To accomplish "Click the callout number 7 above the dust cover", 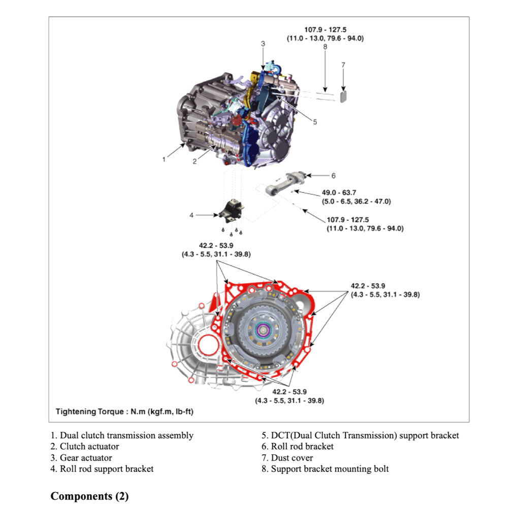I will tap(343, 64).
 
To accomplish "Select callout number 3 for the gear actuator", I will tap(263, 44).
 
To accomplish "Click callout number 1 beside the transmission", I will tap(164, 159).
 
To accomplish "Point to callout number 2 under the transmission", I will tap(194, 161).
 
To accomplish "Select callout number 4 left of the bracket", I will tap(191, 215).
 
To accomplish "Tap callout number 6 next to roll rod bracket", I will tap(333, 176).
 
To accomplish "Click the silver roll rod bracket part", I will tap(286, 183).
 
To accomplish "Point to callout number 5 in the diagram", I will tap(315, 122).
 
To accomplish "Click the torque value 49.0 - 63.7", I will tap(339, 193).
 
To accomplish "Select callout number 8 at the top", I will tap(325, 47).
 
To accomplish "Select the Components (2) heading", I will tap(89, 496).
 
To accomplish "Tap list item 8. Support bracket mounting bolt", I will tap(325, 469).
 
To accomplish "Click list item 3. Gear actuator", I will tap(81, 458).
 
